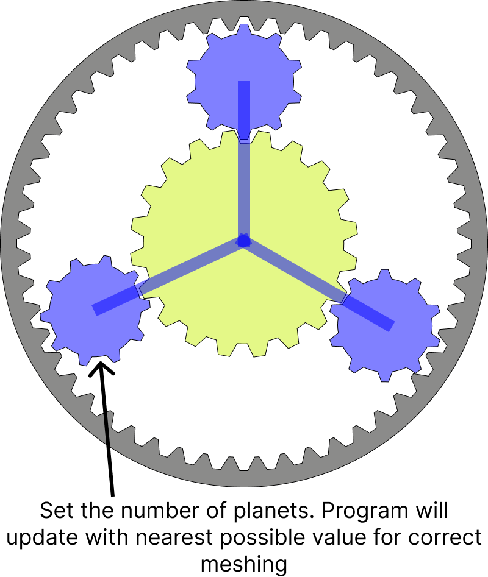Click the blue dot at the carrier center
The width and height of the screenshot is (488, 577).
(x=244, y=241)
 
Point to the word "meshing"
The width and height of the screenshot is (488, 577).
(x=243, y=565)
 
